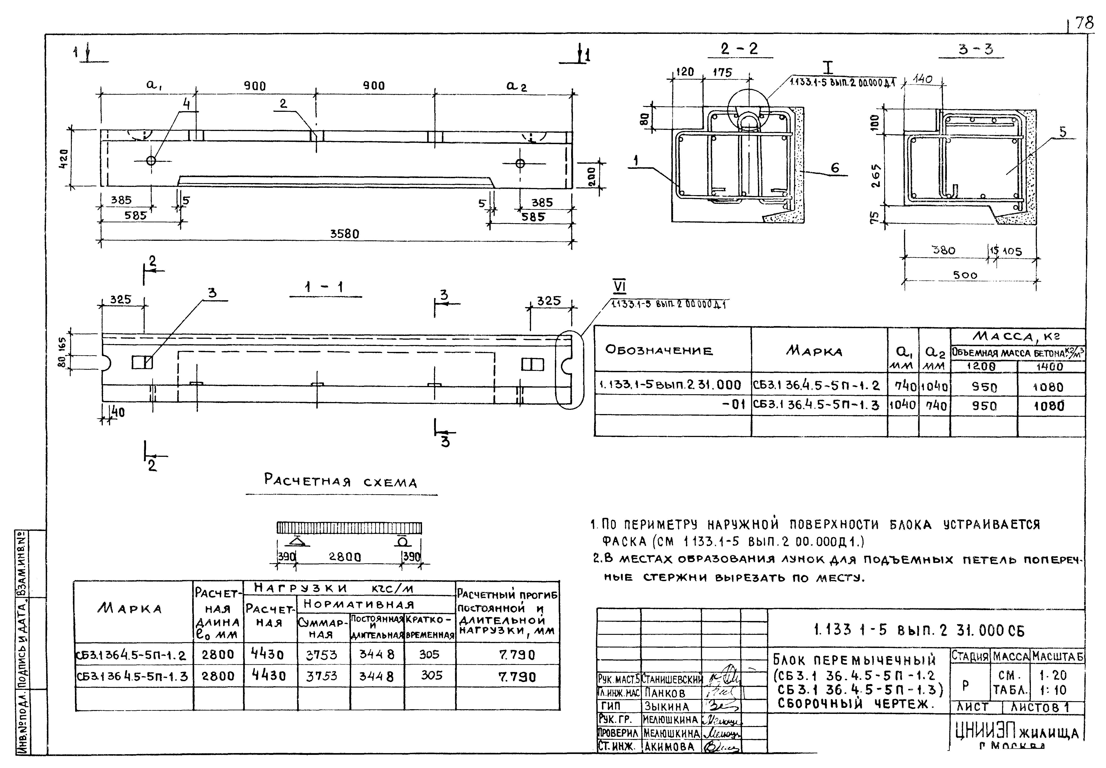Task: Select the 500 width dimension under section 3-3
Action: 965,275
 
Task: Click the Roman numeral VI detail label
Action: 620,287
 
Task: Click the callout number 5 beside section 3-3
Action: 1063,132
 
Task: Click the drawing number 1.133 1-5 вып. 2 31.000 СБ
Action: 919,630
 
